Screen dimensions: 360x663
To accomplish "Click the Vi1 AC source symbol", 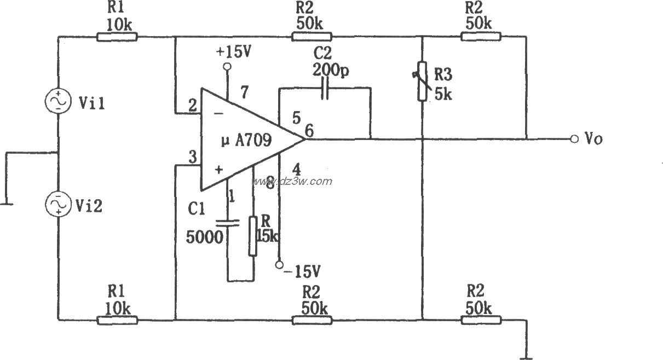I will tap(58, 102).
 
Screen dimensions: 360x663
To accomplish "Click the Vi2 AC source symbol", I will tap(58, 203).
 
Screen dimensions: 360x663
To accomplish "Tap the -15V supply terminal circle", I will tap(280, 265).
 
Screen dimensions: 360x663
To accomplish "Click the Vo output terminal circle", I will tap(574, 138).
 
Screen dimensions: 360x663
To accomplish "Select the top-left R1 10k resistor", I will tap(117, 37).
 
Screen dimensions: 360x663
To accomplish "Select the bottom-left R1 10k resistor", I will tap(117, 320).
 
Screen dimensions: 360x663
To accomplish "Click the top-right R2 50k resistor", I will tap(481, 37).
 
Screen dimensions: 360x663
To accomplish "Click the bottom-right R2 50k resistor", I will tap(481, 320).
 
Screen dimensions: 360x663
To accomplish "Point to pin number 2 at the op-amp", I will tap(192, 106).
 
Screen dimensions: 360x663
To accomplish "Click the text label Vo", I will tap(593, 139).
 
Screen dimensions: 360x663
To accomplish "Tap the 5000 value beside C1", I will tap(205, 237).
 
